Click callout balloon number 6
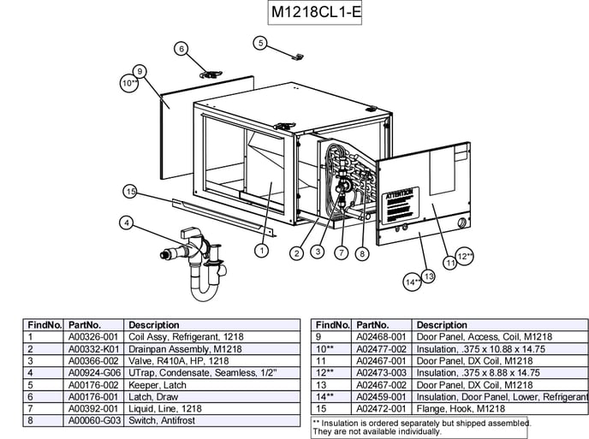pos(181,49)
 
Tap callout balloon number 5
pos(260,42)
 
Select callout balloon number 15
pos(130,191)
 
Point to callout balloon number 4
pos(126,223)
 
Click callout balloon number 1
pos(262,251)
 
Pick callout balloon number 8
pos(362,252)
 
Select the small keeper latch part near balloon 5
pos(297,56)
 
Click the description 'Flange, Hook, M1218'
pos(456,409)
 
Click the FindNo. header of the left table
pos(45,325)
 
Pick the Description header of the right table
pos(442,325)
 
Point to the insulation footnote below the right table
pos(419,426)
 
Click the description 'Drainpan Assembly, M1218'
pos(184,349)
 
